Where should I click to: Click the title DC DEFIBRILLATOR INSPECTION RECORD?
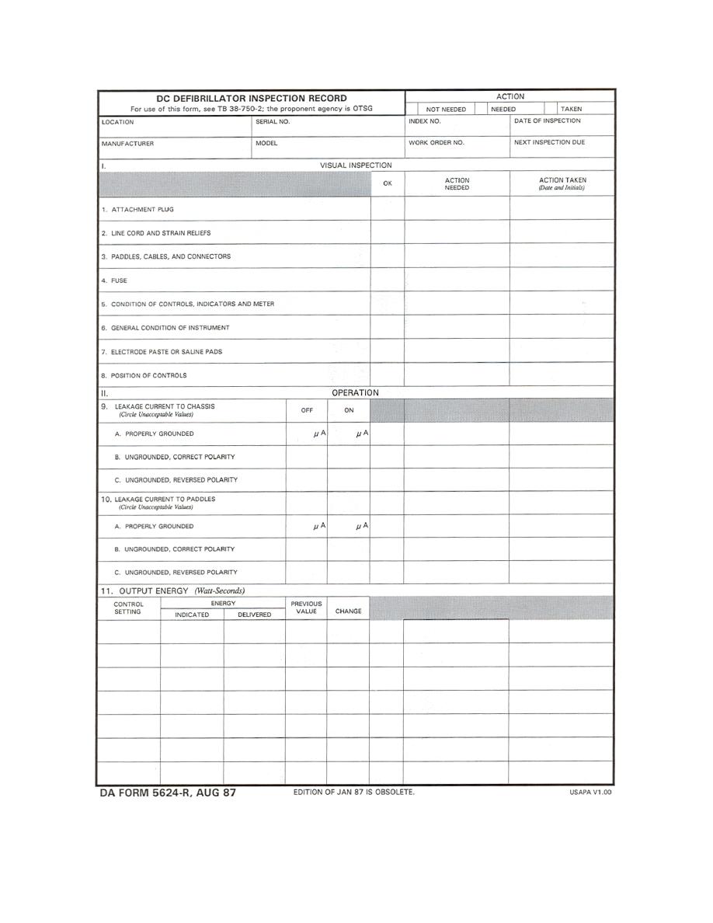(252, 99)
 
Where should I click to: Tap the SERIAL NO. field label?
(273, 122)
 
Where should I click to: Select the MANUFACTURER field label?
(127, 144)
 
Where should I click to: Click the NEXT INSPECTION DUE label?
(549, 143)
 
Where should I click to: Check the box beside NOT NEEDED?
(412, 110)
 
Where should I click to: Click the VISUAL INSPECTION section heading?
(356, 165)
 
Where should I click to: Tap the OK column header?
(388, 183)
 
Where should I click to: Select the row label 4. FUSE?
(114, 280)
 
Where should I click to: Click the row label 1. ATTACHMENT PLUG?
(138, 210)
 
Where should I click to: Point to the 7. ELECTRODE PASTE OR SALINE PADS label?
(162, 352)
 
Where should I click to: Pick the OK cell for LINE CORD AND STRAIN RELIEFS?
(388, 232)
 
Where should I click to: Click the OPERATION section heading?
(355, 393)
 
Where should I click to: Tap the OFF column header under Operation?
(307, 410)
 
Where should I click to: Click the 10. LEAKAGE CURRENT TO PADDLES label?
(158, 499)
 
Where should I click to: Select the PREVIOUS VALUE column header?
(306, 608)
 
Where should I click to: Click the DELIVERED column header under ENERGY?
(254, 615)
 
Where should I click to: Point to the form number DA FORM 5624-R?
(168, 793)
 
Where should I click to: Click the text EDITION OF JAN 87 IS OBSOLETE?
(353, 792)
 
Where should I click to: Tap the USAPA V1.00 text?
(591, 793)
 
